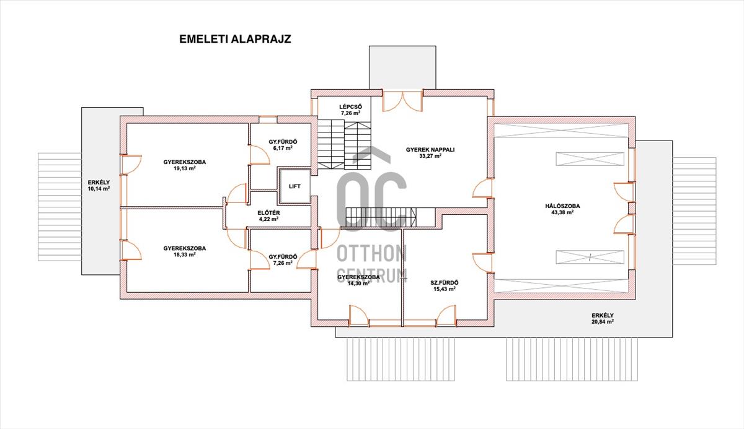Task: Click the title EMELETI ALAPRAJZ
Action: point(235,39)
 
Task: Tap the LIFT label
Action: point(294,186)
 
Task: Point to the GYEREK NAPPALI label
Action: point(430,150)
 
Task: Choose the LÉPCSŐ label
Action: point(350,106)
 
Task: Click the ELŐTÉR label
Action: point(268,213)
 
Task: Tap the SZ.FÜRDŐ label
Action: point(445,283)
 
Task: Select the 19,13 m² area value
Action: point(184,168)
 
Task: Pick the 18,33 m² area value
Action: point(184,254)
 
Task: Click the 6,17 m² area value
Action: point(283,148)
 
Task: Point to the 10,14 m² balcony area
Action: point(99,188)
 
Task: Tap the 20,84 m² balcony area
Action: point(603,321)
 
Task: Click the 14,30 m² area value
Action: point(359,283)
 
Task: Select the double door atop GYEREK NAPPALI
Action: point(402,100)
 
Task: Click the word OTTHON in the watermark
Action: point(371,254)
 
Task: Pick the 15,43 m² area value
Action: point(445,288)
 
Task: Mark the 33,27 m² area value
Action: point(430,156)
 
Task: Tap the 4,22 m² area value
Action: point(268,219)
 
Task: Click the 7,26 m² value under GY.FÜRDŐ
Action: point(283,262)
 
